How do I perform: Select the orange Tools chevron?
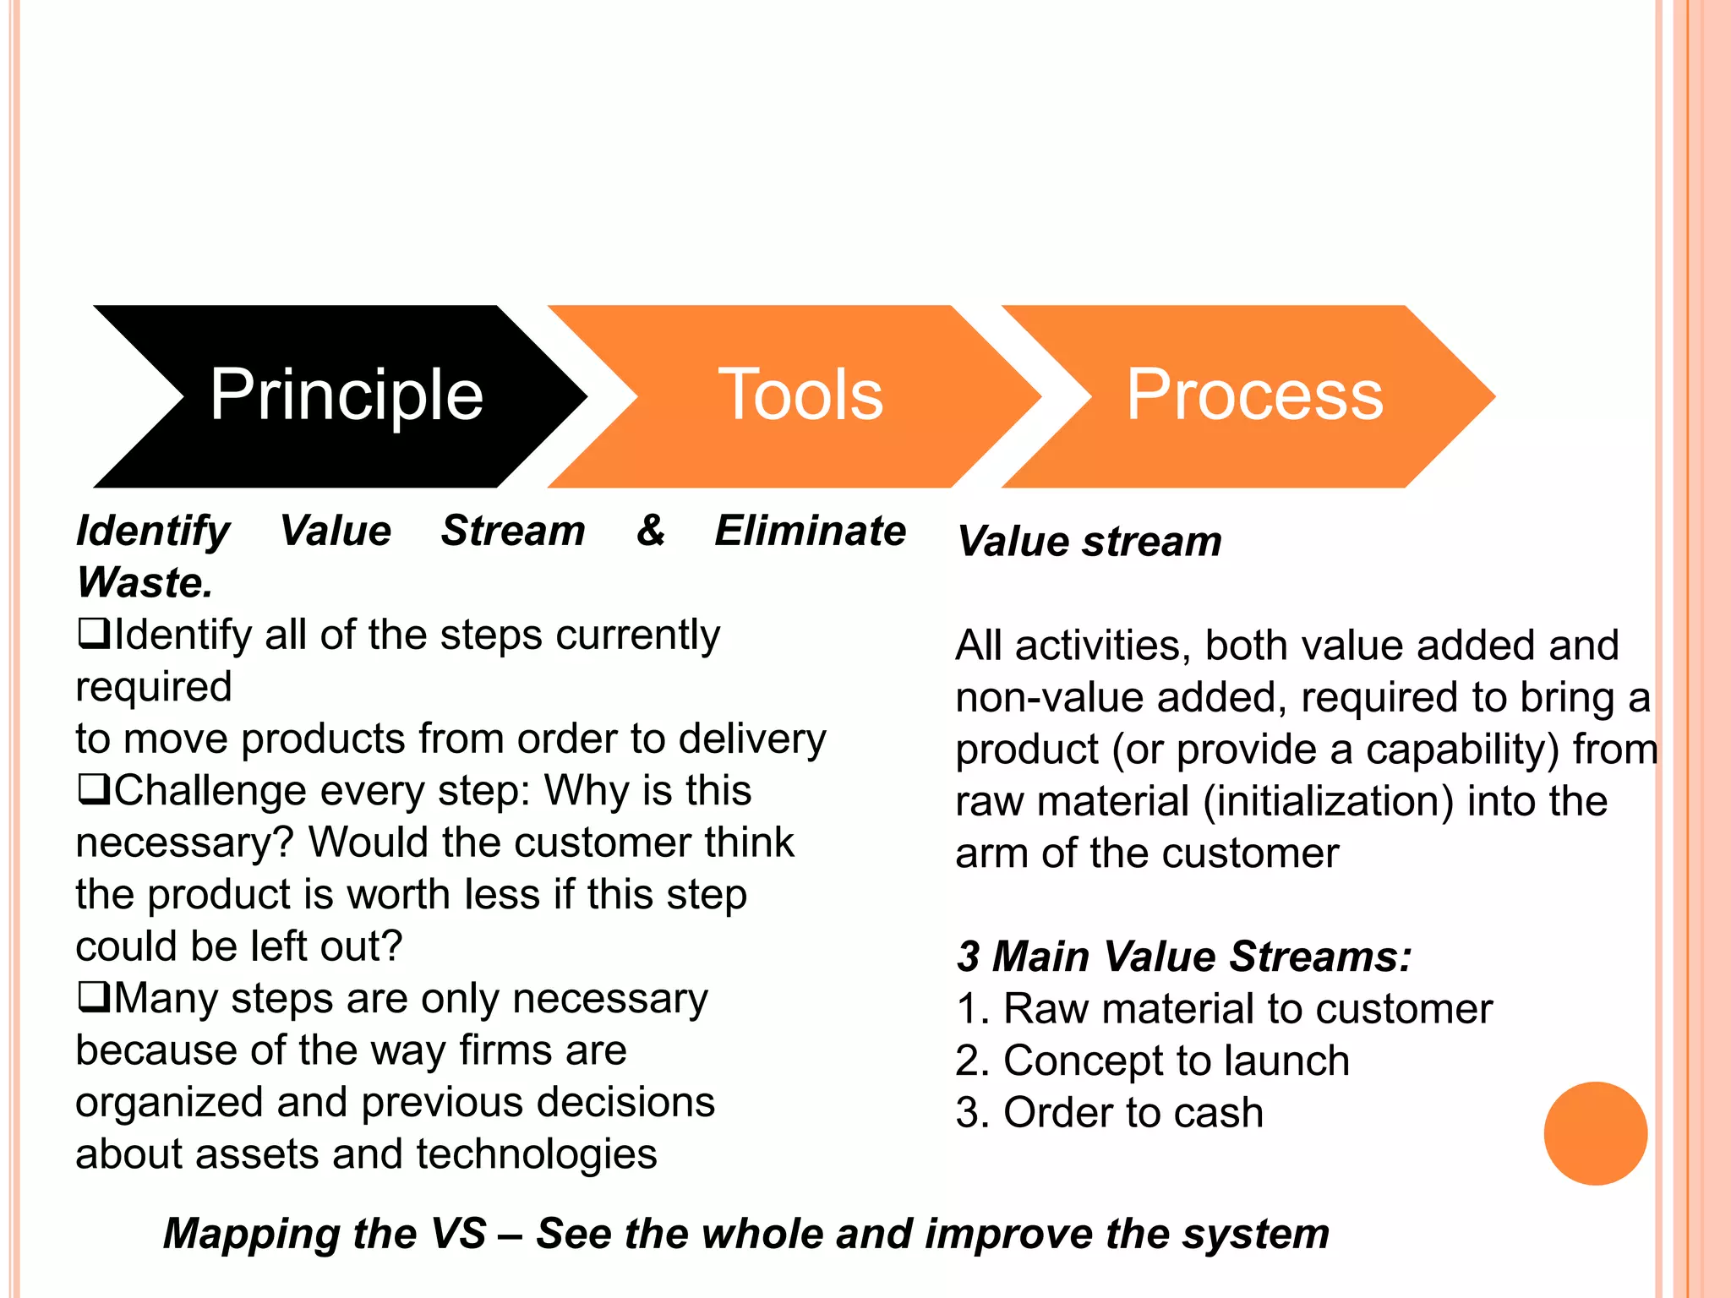click(x=799, y=395)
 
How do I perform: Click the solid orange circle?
click(x=1595, y=1133)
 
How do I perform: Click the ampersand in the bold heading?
click(x=650, y=531)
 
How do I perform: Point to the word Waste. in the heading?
click(x=145, y=582)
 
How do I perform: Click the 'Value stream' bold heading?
click(x=1089, y=541)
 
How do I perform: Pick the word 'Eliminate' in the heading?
click(x=810, y=531)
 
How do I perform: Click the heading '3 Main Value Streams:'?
click(x=1183, y=957)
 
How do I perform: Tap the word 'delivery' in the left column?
click(x=751, y=739)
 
